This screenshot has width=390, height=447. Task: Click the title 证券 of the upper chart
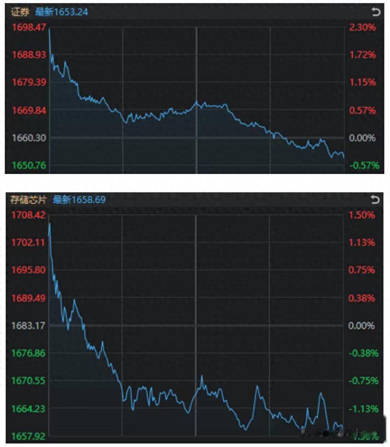[20, 12]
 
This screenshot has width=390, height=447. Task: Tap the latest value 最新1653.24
[62, 12]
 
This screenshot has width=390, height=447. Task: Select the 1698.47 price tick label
[28, 27]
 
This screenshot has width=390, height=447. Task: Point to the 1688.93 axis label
[28, 55]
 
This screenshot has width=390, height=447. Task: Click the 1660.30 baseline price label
[28, 138]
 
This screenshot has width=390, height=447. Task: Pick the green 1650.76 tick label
[28, 165]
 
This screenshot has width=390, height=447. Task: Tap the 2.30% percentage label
[362, 27]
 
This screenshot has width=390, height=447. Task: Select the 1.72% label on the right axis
[362, 55]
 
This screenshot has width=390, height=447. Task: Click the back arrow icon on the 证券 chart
[375, 12]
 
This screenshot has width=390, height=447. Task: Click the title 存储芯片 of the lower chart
[28, 200]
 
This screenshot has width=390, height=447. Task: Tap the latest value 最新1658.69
[79, 200]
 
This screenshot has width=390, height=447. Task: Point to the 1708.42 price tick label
[28, 215]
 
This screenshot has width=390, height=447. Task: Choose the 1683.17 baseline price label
[28, 325]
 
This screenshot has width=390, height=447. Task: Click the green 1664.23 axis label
[28, 409]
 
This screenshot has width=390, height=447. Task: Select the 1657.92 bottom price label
[28, 436]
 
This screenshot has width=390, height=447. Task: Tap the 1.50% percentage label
[362, 215]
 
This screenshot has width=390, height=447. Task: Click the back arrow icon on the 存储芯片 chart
[375, 200]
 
